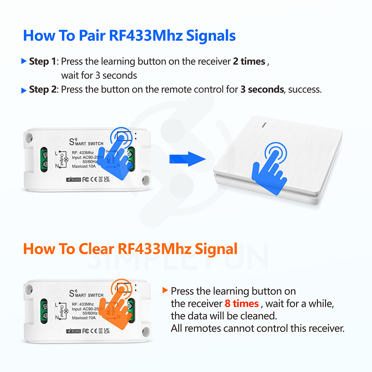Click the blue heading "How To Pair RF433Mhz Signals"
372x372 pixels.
[x=129, y=36]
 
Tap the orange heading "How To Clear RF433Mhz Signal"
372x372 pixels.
[x=130, y=248]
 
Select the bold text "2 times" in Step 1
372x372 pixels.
[x=249, y=61]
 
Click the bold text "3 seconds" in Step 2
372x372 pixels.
[x=262, y=90]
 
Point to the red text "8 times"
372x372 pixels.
[x=241, y=304]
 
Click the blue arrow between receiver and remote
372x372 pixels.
[x=187, y=159]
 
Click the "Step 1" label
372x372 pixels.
[x=44, y=61]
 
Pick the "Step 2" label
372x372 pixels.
[x=44, y=90]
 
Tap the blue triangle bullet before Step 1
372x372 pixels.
[x=24, y=61]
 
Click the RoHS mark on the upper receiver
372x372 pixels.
[x=73, y=180]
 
